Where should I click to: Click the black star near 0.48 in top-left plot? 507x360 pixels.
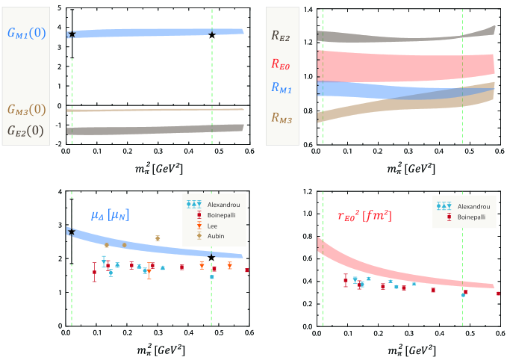coord(212,35)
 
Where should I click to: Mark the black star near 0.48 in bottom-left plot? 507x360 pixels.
coord(212,258)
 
